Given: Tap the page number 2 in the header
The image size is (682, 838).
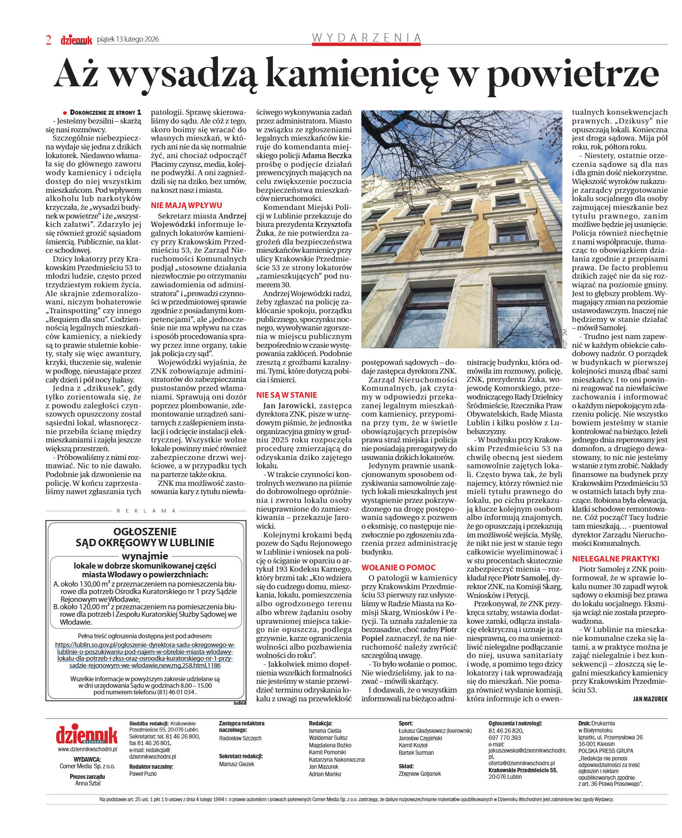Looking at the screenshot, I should click(49, 40).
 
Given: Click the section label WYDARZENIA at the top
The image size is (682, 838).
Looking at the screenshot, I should click(366, 38).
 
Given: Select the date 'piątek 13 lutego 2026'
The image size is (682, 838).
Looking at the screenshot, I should click(128, 39).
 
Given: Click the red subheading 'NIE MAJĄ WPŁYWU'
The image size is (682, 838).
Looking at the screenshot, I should click(186, 205).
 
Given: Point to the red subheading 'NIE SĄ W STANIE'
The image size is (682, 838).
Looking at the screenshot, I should click(286, 395).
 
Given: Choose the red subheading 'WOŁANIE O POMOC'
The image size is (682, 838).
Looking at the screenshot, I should click(398, 567).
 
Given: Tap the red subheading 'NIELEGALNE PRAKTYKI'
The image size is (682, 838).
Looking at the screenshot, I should click(615, 559).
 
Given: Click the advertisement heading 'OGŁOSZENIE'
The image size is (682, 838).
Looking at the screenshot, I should click(145, 532).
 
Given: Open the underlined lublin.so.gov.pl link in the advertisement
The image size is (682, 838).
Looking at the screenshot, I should click(145, 655).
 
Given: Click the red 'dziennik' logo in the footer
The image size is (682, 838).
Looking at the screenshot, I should click(87, 735).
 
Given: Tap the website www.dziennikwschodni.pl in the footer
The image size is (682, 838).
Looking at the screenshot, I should click(88, 749).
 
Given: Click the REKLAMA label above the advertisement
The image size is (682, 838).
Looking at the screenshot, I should click(146, 511).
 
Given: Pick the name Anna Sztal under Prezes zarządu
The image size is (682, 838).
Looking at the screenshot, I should click(88, 783).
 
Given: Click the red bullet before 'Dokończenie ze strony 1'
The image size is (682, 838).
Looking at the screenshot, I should click(65, 113).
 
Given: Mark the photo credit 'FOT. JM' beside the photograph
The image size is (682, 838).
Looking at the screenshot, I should click(565, 339).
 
